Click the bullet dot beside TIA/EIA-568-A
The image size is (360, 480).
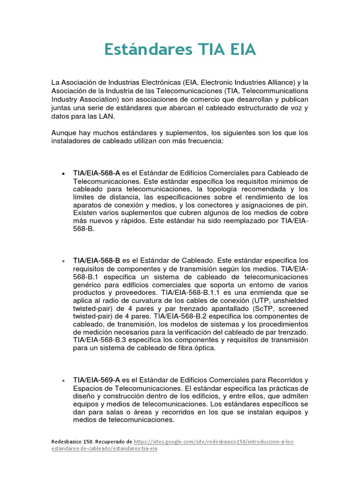(x=63, y=173)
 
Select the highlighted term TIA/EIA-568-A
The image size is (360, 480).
(x=97, y=173)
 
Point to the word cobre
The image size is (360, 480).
(x=297, y=213)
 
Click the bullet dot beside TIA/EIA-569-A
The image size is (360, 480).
(x=63, y=380)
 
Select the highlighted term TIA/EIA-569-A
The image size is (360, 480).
(x=97, y=380)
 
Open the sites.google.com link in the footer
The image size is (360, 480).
(x=214, y=442)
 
